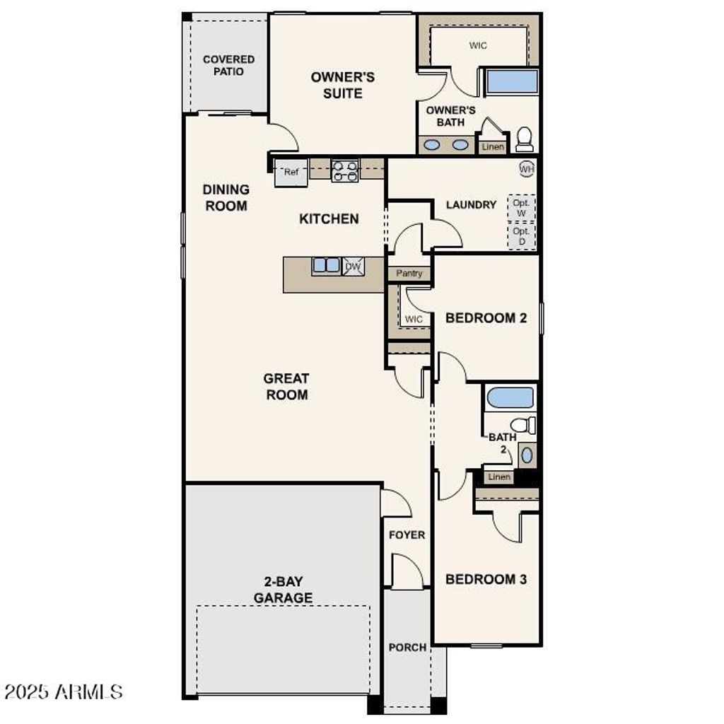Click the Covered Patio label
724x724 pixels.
click(x=228, y=65)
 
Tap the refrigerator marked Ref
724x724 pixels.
click(x=291, y=172)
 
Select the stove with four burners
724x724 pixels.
click(x=345, y=170)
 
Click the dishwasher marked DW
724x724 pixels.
click(x=354, y=266)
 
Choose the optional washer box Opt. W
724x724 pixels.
click(x=522, y=208)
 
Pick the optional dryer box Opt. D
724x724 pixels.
click(x=522, y=236)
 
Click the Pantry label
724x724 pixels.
click(x=409, y=273)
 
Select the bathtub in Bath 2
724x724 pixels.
click(x=510, y=397)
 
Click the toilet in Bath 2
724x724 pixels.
click(x=523, y=425)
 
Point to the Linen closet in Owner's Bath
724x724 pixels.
click(x=493, y=147)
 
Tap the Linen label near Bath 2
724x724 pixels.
click(x=499, y=477)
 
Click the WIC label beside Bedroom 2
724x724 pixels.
click(x=414, y=319)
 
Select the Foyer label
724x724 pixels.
click(x=407, y=535)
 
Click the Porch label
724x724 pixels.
click(x=408, y=647)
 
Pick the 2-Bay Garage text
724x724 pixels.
click(x=283, y=590)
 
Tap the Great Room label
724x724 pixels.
click(x=287, y=387)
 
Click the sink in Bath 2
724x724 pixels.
click(x=527, y=455)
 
